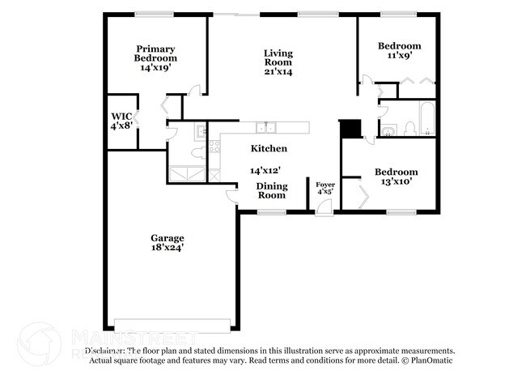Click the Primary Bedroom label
click(x=156, y=58)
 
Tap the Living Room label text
click(x=278, y=63)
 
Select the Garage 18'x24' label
click(x=166, y=243)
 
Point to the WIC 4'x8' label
click(x=121, y=121)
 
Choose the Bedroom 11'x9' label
click(x=399, y=51)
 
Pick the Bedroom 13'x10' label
click(x=396, y=177)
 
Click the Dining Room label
click(x=271, y=190)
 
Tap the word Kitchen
click(x=269, y=149)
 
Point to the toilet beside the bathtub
click(x=409, y=127)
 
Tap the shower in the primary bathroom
click(x=187, y=174)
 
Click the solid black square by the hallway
click(x=350, y=129)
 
